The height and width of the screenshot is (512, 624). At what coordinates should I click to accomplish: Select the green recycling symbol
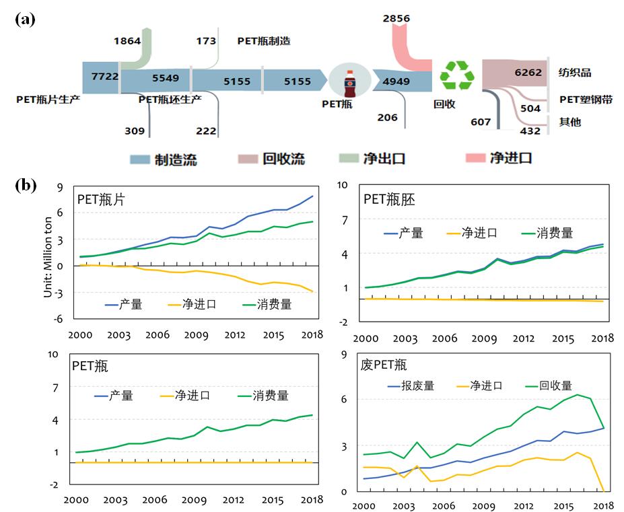(x=456, y=75)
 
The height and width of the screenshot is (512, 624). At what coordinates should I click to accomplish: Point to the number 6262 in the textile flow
(x=528, y=73)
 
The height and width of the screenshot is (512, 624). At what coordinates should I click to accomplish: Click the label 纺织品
(x=575, y=73)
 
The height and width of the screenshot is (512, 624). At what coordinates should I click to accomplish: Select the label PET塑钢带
(x=586, y=99)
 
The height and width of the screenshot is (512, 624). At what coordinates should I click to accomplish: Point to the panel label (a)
(x=25, y=19)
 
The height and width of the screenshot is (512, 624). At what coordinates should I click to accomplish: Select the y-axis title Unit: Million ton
(x=48, y=258)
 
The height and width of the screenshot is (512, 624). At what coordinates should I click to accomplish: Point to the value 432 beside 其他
(x=530, y=131)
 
